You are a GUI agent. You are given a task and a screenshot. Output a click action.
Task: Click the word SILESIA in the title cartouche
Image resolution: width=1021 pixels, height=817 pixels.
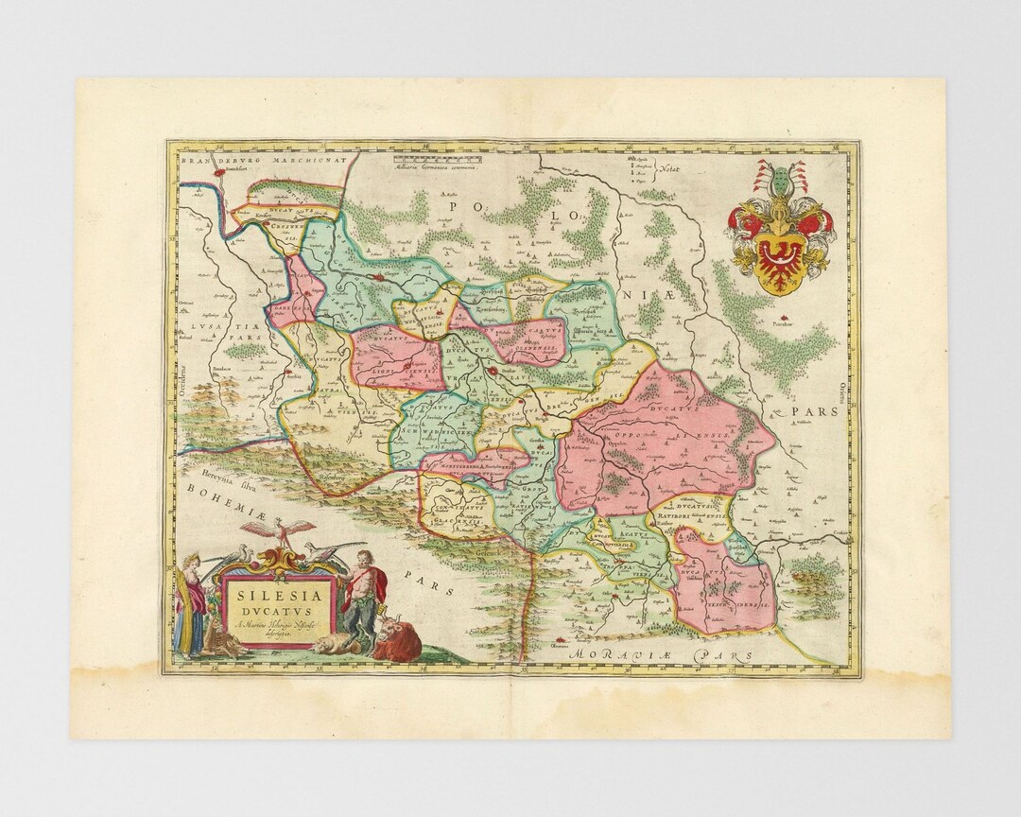pos(276,597)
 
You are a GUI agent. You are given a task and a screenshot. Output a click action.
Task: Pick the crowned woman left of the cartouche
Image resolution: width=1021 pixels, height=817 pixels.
pos(190,605)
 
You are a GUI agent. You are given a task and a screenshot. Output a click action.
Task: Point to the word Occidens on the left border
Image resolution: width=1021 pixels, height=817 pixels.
pos(186,377)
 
